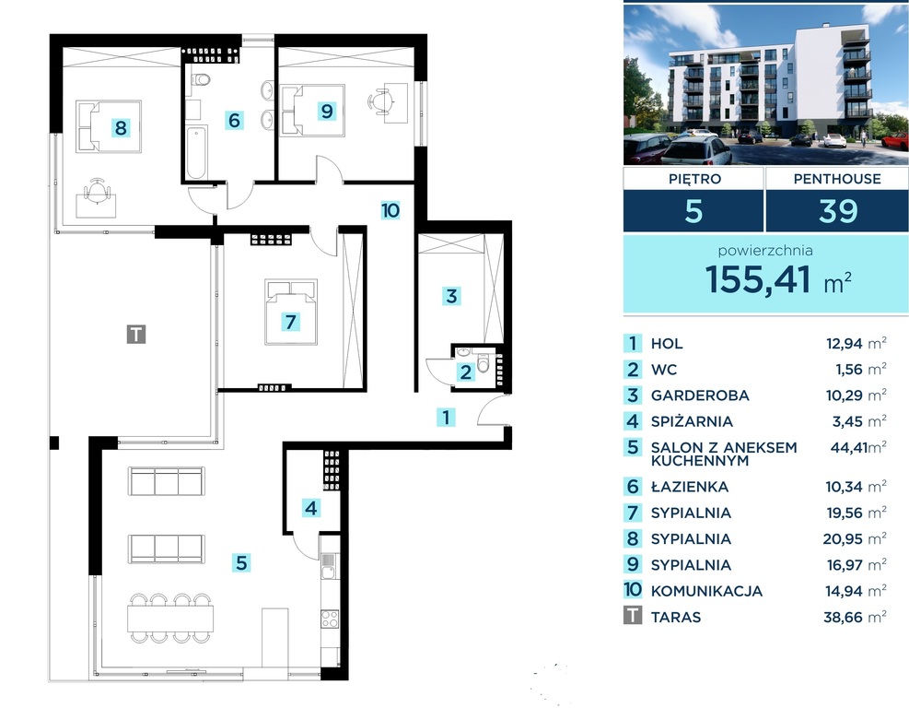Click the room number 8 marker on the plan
click(x=121, y=127)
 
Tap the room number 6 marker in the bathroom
click(x=234, y=120)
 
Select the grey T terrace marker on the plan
click(x=135, y=334)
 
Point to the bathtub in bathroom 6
click(x=195, y=155)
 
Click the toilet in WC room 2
click(x=484, y=362)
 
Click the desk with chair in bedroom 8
click(x=96, y=197)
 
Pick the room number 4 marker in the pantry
click(x=312, y=507)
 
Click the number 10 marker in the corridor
click(x=390, y=210)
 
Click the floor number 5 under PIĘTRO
click(x=693, y=211)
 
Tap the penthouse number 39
click(x=837, y=211)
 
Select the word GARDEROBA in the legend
click(x=700, y=395)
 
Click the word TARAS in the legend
click(x=676, y=617)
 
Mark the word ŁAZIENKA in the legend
click(x=689, y=487)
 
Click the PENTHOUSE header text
click(x=837, y=179)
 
